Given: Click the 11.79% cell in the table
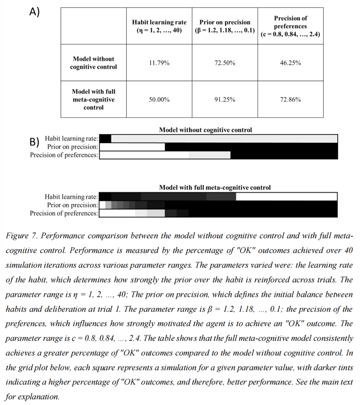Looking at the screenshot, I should [159, 63].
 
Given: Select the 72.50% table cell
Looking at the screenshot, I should [225, 63].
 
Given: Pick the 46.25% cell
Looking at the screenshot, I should [290, 63].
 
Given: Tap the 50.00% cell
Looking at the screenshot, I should [159, 99].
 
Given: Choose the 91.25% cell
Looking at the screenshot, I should [225, 99].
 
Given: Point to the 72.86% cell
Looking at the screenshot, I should [290, 99].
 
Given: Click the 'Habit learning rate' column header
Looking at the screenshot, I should [159, 26].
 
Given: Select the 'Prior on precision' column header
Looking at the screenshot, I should [225, 26].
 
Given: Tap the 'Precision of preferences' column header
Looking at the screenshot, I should [290, 26].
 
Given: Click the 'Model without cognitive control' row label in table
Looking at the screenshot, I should [93, 63].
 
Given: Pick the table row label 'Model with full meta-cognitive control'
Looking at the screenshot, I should [93, 99].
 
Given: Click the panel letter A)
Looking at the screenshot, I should [34, 12].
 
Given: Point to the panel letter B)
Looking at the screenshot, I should [35, 142].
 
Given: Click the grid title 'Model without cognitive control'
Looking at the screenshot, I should [205, 130].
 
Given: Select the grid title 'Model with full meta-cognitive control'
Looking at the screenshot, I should [215, 187].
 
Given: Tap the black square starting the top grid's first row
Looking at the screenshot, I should [105, 139].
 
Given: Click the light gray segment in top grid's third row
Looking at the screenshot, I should [209, 155].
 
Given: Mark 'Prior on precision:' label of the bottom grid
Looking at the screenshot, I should [73, 205].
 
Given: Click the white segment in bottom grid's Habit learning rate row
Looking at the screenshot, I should [286, 196].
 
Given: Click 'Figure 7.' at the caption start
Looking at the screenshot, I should [22, 236].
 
